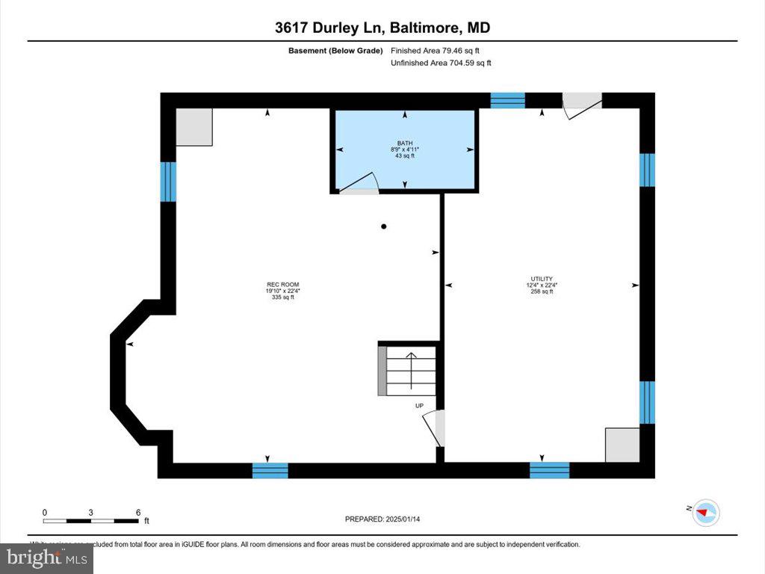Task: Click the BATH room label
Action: (404, 143)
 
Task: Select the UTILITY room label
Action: (542, 279)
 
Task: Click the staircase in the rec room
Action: (410, 371)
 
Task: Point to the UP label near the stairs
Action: (419, 406)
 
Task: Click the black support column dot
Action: (384, 226)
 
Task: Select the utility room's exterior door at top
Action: (581, 104)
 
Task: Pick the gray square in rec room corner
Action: (194, 126)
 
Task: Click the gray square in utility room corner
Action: (622, 445)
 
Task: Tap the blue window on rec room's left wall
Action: (168, 182)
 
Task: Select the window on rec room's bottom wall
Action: (270, 470)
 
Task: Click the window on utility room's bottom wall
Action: (549, 470)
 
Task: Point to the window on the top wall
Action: (507, 101)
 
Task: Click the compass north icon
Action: (706, 513)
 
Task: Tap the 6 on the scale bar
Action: (138, 512)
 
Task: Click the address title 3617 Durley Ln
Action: (329, 28)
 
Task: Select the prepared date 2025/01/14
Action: (388, 519)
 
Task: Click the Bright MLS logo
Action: (47, 558)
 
